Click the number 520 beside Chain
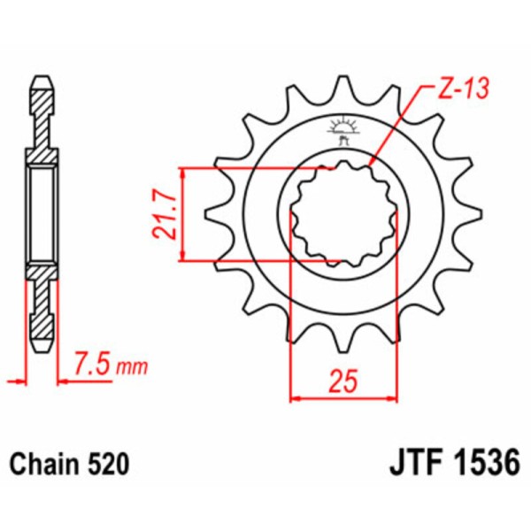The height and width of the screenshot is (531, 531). point(109,464)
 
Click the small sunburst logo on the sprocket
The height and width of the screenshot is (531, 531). point(342,125)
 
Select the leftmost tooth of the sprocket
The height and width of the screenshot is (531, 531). point(212,213)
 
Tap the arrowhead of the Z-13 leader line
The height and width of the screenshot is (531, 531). point(372,163)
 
